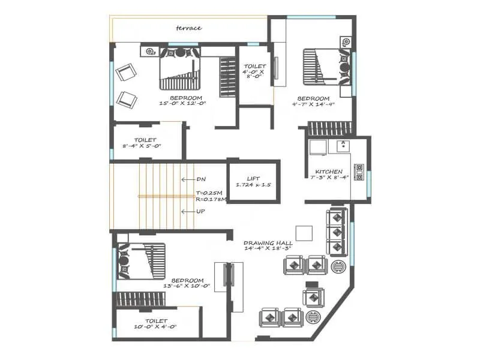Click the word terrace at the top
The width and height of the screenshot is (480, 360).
tap(188, 28)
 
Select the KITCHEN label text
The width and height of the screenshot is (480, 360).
tap(329, 172)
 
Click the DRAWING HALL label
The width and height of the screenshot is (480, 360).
tap(268, 244)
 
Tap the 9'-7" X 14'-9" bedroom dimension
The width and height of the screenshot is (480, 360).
tap(313, 104)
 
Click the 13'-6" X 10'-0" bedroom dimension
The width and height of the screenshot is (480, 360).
tap(187, 286)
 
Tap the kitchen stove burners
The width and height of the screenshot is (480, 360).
tap(359, 172)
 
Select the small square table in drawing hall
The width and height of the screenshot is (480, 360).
tap(304, 233)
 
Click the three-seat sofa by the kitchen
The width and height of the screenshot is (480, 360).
tap(337, 232)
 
